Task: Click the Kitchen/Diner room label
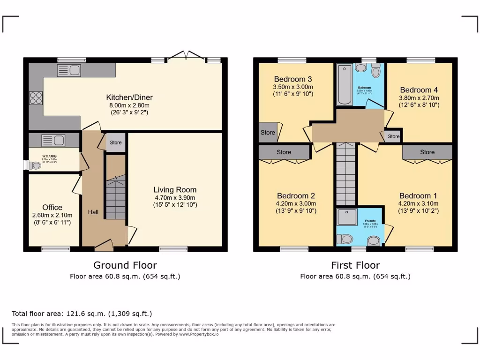coord(129,97)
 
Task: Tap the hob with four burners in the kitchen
coord(36,98)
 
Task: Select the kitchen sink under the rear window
coord(69,71)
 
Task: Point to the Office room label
coord(52,207)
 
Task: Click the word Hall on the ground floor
coord(93,212)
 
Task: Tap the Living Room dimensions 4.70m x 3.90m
coord(175,197)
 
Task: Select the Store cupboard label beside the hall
coord(115,142)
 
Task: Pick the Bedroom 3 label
coord(293,79)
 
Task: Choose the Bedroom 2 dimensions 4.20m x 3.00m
coord(296,203)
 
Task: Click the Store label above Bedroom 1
coord(427,152)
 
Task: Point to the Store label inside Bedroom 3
coord(268,133)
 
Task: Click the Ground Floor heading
coord(125,265)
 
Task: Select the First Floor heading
coord(355,265)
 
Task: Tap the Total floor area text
coord(82,314)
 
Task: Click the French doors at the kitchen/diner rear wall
coord(186,56)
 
